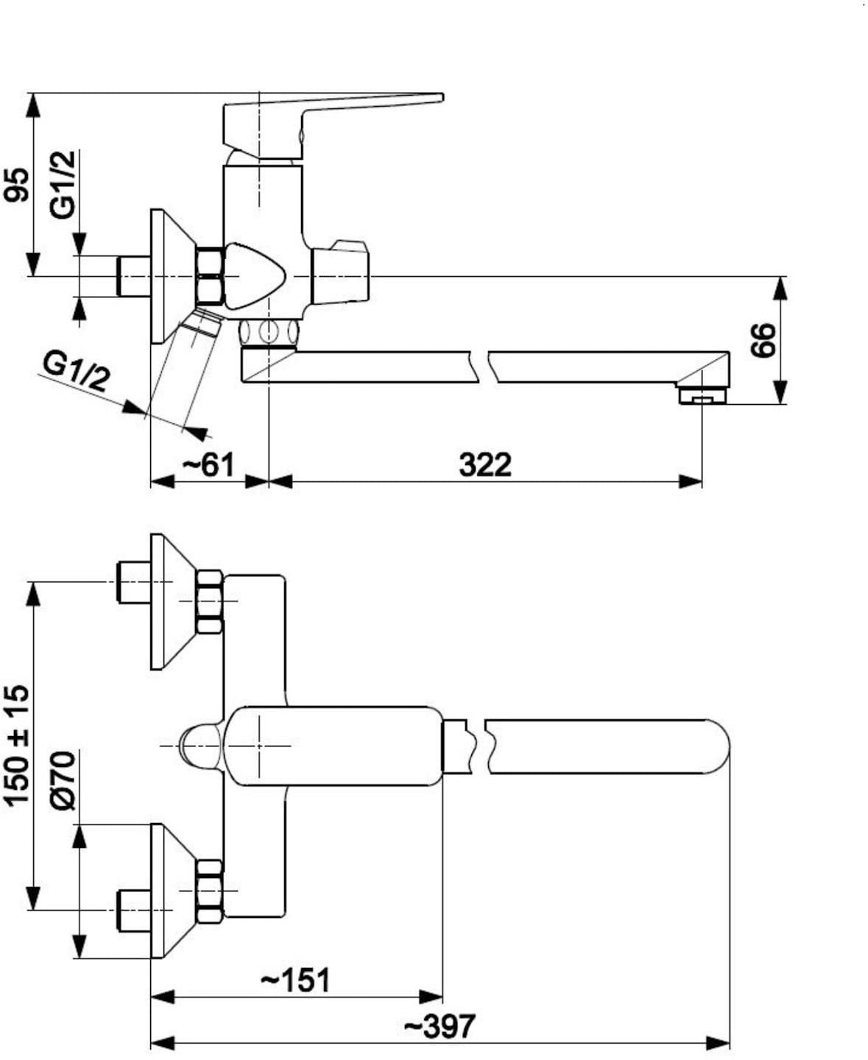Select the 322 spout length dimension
coord(485,465)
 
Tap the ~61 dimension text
coord(208,465)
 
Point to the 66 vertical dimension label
coord(763,340)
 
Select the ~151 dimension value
coord(295,981)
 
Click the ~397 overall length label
coord(440,1027)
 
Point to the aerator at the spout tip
coord(702,394)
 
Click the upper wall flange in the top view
coord(173,601)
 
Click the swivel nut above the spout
coord(269,332)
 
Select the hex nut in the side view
coord(210,276)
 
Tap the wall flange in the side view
coord(173,277)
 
